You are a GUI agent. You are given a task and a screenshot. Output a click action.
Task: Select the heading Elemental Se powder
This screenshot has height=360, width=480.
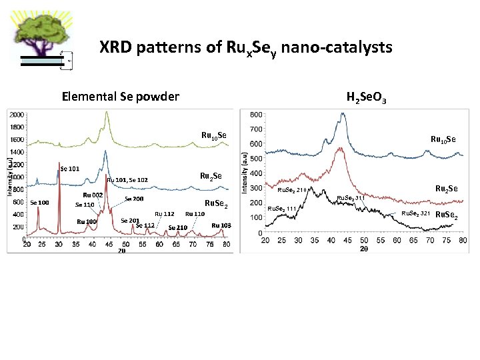point(120,97)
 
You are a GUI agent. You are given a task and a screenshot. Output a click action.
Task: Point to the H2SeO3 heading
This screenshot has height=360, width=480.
point(367,97)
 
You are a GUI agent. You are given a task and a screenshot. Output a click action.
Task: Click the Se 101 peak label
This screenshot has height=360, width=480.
point(70,169)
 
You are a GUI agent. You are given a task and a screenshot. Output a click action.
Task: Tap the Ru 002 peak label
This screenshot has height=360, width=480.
point(92,195)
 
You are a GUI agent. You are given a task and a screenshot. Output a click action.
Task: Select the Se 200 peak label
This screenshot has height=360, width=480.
point(134,199)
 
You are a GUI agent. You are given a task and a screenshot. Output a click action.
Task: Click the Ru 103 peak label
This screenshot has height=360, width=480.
point(221,225)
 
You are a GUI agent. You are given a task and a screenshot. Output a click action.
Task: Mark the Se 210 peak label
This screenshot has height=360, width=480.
point(177,227)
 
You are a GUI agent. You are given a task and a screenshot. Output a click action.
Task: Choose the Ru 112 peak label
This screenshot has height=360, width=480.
point(165,214)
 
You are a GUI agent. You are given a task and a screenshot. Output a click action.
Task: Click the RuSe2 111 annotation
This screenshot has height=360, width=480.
point(281,209)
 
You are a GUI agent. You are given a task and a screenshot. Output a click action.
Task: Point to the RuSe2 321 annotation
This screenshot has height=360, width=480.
point(415,213)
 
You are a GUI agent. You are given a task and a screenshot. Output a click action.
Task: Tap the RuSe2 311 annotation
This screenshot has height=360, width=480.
point(351,198)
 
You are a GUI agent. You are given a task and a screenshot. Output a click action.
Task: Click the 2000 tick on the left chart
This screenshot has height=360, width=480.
point(17,115)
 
